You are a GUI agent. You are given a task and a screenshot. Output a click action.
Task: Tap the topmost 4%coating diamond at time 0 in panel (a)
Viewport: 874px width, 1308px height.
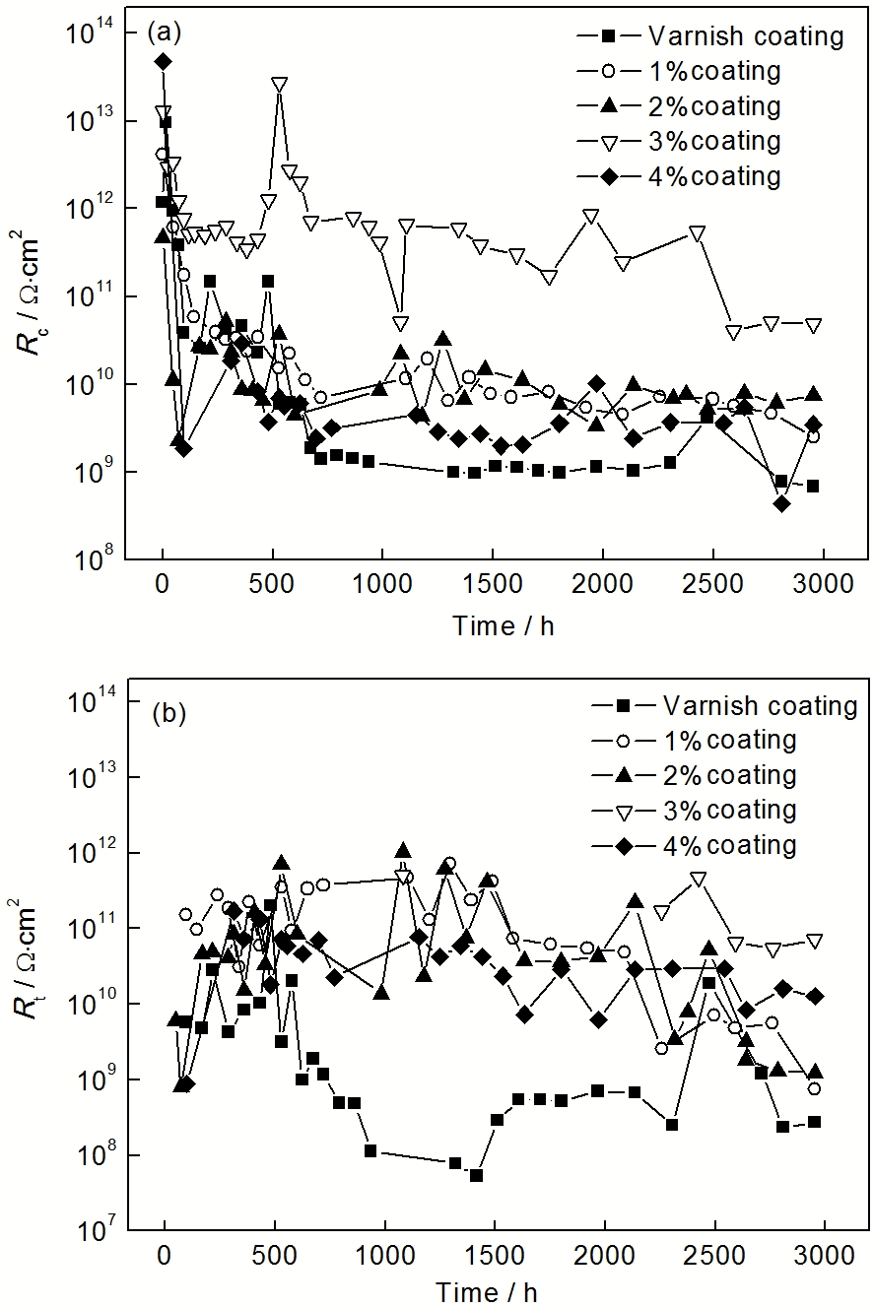tap(163, 62)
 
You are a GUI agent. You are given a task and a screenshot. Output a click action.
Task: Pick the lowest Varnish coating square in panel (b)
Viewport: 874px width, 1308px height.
tap(476, 1175)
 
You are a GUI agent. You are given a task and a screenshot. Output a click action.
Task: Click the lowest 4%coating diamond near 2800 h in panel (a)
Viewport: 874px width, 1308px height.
tap(782, 503)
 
